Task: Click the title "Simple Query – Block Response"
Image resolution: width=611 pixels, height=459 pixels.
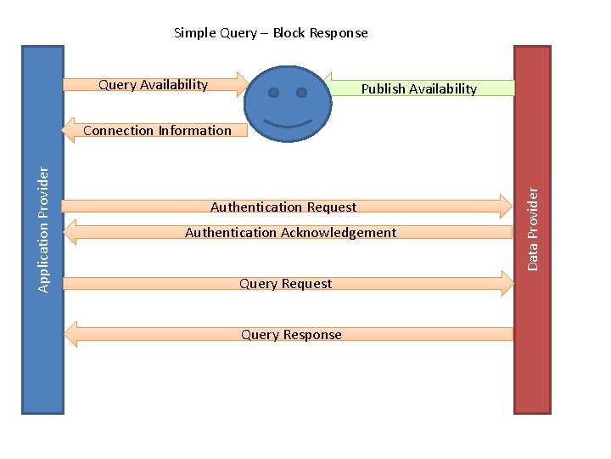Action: click(271, 33)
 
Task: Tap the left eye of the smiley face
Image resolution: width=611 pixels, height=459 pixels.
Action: click(273, 92)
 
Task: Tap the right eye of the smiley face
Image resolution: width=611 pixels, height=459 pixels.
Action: click(301, 92)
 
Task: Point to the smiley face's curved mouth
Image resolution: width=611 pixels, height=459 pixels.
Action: click(288, 122)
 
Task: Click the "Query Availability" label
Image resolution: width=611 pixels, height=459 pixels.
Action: click(153, 84)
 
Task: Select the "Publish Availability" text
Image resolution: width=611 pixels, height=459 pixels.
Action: click(418, 88)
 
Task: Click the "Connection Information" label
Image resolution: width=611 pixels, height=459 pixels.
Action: click(157, 130)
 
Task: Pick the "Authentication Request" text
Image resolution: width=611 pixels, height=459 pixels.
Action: click(283, 207)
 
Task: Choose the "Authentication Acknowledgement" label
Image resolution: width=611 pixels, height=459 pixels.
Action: click(290, 232)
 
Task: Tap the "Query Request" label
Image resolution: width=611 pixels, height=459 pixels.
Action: click(285, 283)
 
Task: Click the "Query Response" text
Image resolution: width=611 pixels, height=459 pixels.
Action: click(291, 334)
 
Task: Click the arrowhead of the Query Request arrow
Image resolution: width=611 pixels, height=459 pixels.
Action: click(507, 283)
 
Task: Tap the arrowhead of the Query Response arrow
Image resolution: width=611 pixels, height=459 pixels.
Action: click(71, 334)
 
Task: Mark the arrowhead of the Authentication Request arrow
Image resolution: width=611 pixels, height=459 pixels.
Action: click(507, 205)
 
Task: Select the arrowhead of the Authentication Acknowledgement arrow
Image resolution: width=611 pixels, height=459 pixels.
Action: click(71, 232)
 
